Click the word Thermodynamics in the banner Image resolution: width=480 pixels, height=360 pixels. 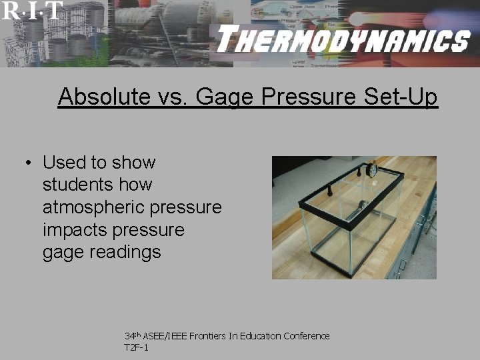343,41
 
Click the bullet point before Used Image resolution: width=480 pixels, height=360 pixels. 29,163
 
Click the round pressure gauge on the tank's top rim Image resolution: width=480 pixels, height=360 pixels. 371,169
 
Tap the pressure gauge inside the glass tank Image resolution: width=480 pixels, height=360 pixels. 364,205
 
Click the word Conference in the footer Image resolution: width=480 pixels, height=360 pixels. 308,336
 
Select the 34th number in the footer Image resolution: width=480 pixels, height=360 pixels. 132,335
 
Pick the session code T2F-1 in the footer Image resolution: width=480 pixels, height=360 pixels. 137,347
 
